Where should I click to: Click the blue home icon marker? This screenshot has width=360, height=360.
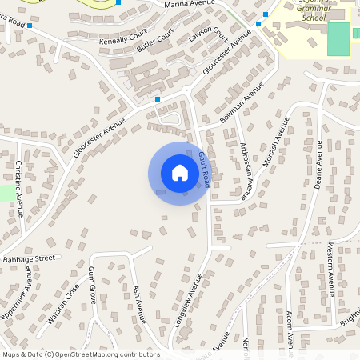click(x=179, y=173)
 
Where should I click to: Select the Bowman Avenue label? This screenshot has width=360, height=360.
click(x=242, y=105)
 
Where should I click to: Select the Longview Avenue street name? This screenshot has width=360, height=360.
click(x=189, y=299)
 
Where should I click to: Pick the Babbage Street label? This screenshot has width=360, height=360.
click(x=29, y=259)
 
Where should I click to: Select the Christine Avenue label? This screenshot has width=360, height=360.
click(x=19, y=188)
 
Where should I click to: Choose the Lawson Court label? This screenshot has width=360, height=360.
click(x=209, y=32)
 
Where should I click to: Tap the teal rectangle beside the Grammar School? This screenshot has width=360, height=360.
click(x=338, y=39)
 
